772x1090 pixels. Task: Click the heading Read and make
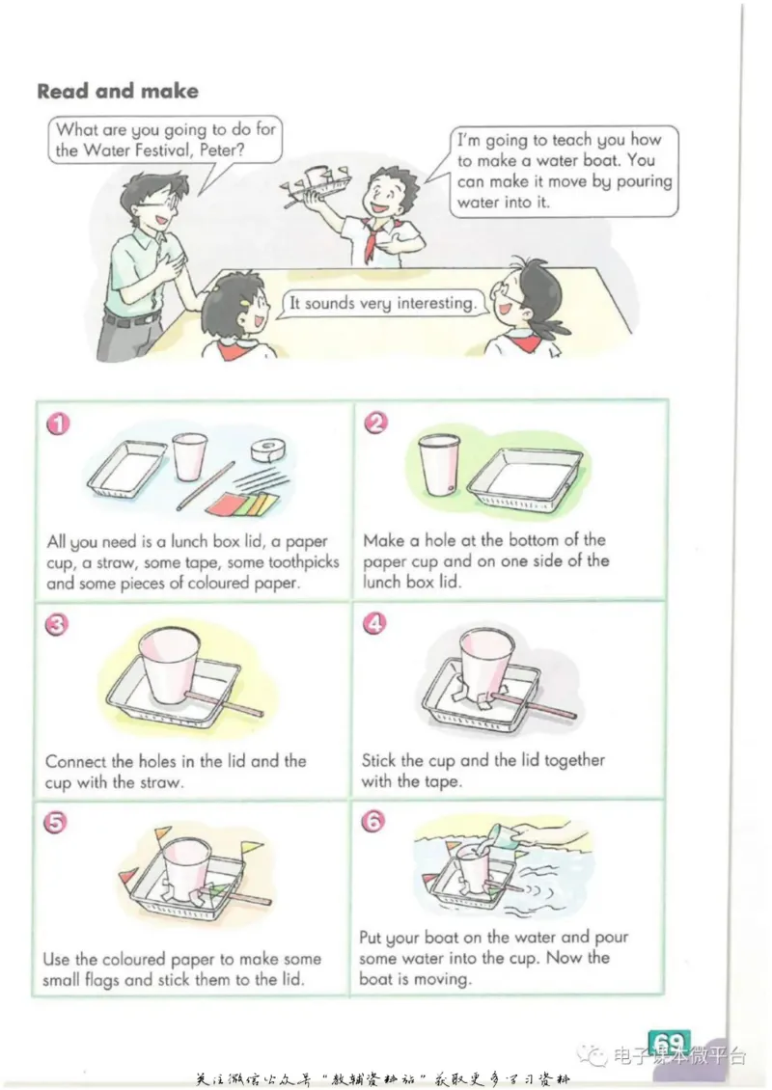pos(118,91)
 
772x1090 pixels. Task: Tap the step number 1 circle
pos(58,423)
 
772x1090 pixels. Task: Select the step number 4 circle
pos(374,623)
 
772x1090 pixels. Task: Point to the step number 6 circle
pos(372,822)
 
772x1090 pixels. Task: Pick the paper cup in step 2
pos(439,464)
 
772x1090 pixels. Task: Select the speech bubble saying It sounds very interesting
pos(382,304)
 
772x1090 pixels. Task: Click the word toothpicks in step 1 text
pos(304,562)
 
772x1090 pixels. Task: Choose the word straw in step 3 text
pos(160,782)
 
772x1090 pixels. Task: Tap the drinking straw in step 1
pos(206,486)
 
